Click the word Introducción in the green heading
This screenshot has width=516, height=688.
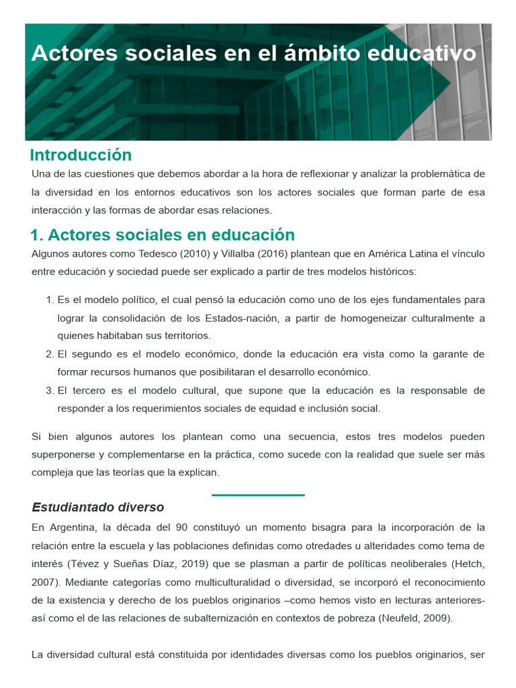point(81,155)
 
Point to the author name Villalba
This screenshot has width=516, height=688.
point(230,253)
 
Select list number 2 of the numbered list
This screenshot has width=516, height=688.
point(49,354)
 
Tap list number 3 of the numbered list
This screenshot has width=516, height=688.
point(49,390)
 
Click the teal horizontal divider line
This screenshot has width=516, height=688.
point(258,495)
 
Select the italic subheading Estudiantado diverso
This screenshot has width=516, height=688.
point(98,507)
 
